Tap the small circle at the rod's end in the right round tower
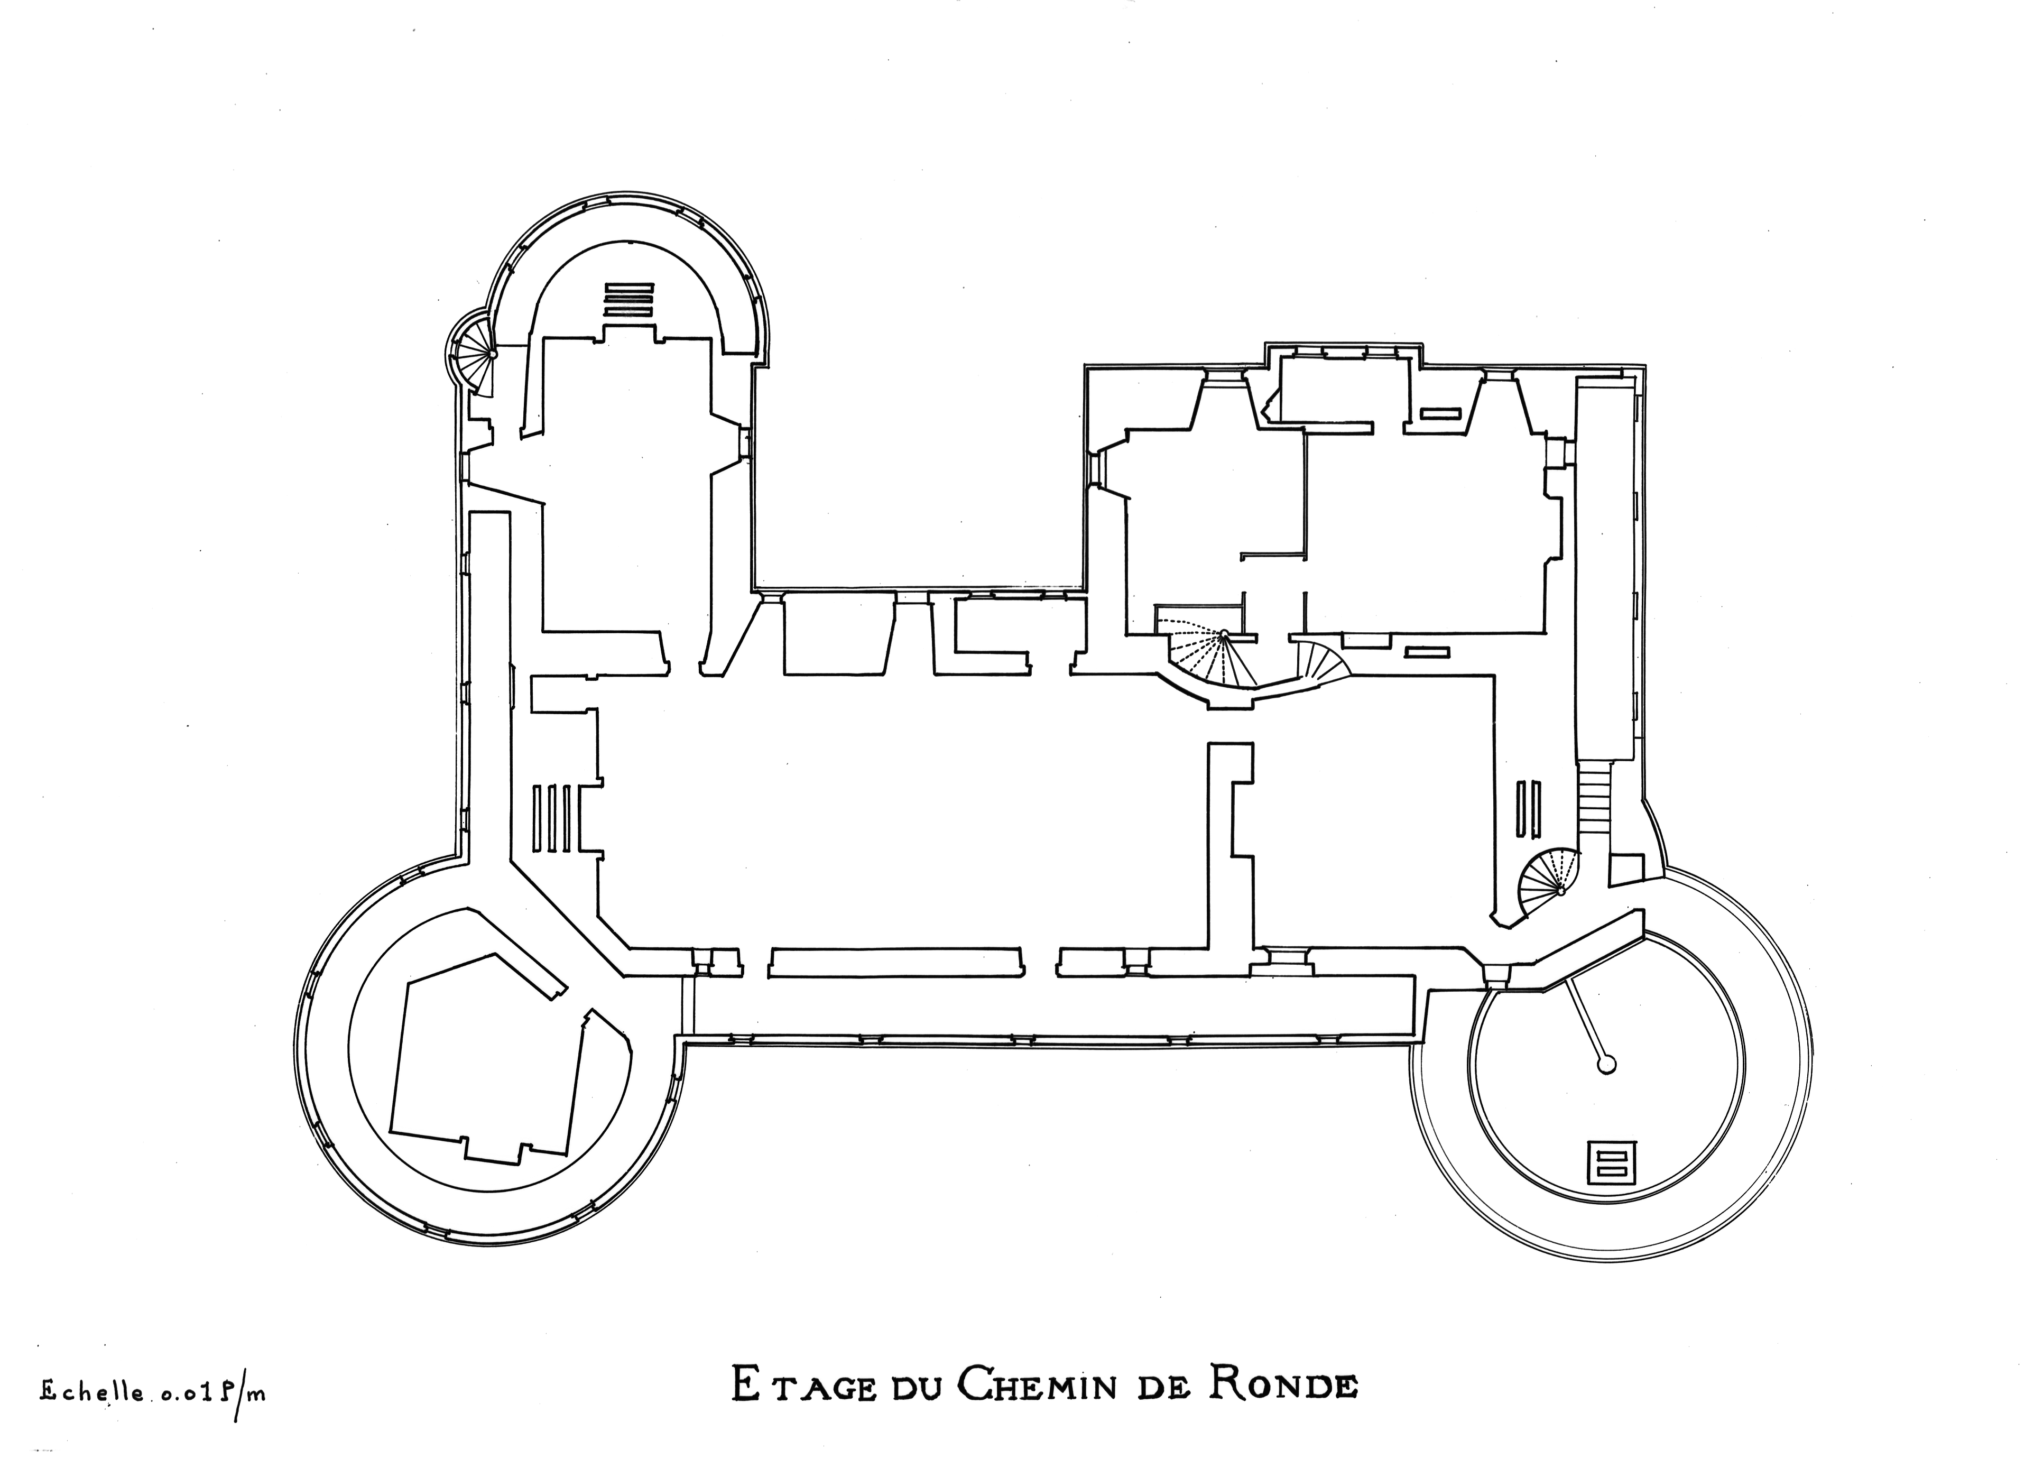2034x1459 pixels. (1607, 1065)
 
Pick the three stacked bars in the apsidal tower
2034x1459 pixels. (628, 299)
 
